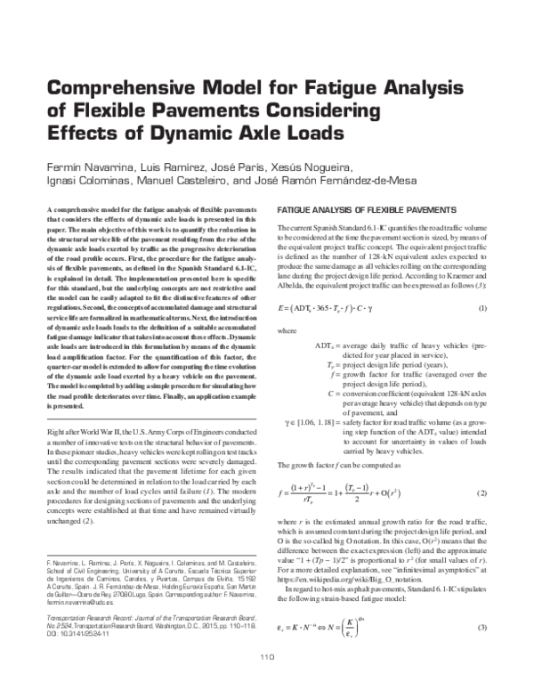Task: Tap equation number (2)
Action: click(482, 492)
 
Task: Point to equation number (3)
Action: click(482, 630)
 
